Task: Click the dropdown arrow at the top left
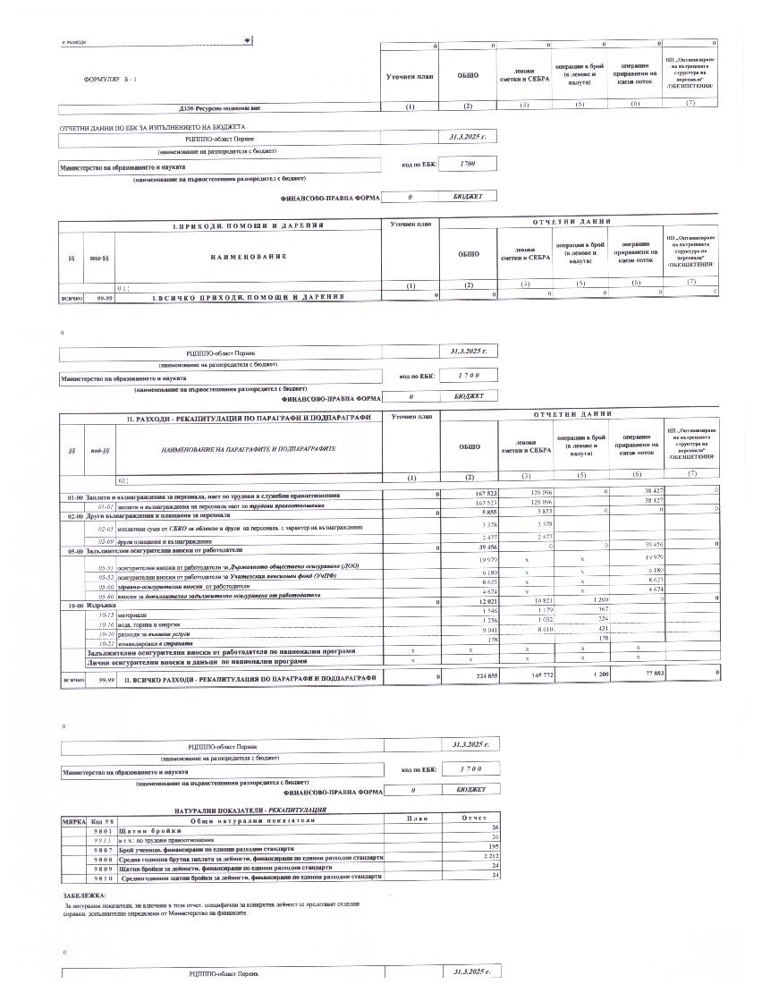pyautogui.click(x=247, y=40)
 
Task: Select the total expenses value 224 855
pyautogui.click(x=470, y=678)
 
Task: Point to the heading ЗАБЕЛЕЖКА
pyautogui.click(x=84, y=895)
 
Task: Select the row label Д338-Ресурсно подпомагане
pyautogui.click(x=220, y=108)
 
